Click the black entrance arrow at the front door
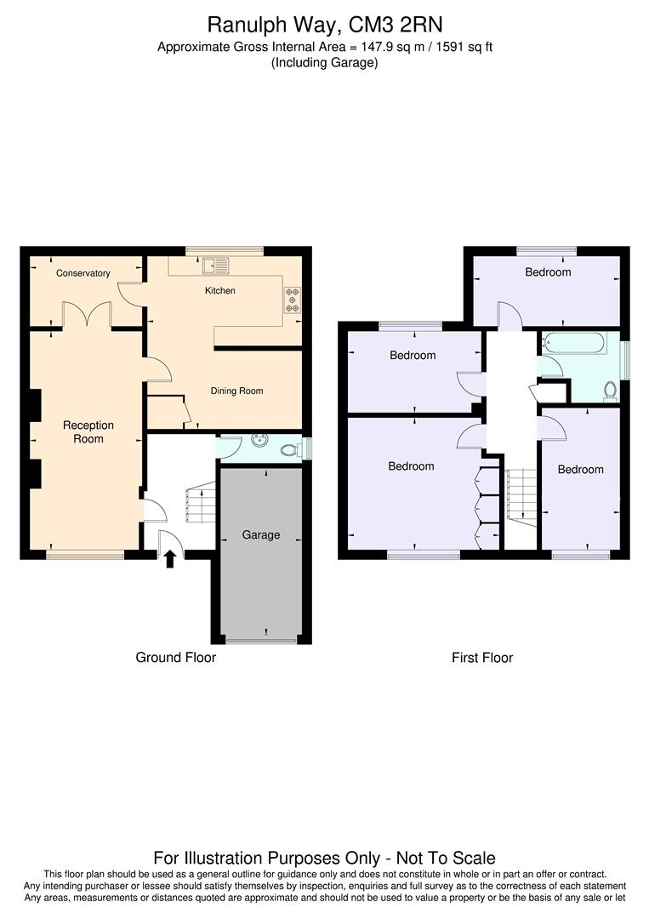coord(170,558)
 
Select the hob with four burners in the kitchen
coord(293,299)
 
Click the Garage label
coord(261,535)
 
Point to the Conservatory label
coord(83,273)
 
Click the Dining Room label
coord(237,391)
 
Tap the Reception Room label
coord(88,432)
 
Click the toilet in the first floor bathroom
coord(609,390)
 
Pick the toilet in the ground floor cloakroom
coord(291,448)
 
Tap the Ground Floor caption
coord(176,658)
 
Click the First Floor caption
coord(482,658)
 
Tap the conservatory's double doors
coord(88,316)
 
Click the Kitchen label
coord(220,291)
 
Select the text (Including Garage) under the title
coord(324,63)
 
